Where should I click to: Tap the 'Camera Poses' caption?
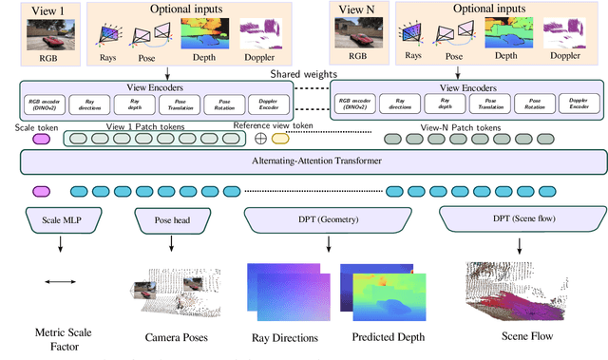177,336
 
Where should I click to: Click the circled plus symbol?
260,139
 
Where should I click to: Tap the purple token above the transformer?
41,139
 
